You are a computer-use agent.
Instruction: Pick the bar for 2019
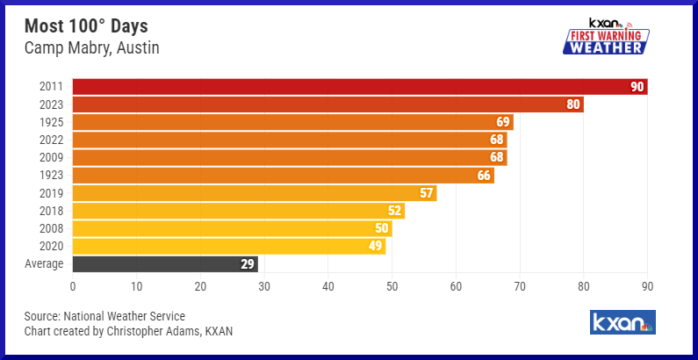[254, 193]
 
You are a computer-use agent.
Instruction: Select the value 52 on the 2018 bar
[395, 211]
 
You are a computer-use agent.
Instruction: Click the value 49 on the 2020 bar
[376, 246]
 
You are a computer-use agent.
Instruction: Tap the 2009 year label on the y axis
[50, 157]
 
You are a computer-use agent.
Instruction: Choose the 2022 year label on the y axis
[50, 140]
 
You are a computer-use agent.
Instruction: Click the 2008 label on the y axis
[50, 228]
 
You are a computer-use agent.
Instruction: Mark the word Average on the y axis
[43, 263]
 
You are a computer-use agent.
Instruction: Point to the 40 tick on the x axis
[328, 285]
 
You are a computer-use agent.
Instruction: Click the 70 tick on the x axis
[520, 285]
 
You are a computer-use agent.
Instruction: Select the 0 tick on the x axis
[73, 285]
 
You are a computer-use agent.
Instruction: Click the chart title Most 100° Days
[85, 26]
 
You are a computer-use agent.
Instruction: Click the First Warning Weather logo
[605, 38]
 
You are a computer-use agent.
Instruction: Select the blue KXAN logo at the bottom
[622, 322]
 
